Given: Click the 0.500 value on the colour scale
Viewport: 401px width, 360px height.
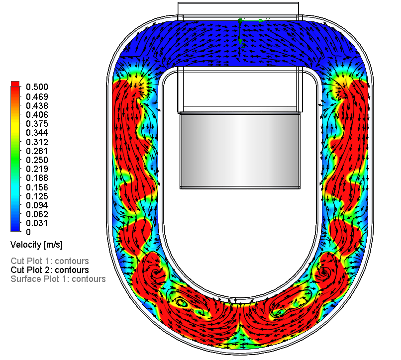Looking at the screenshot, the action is click(x=37, y=87).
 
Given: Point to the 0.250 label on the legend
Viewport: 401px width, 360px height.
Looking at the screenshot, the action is click(x=37, y=160).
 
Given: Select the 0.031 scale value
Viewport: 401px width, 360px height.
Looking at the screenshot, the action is click(x=37, y=223).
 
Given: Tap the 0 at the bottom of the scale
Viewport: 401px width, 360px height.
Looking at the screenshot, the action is click(x=28, y=232).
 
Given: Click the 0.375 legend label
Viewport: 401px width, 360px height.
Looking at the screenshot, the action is click(x=37, y=124).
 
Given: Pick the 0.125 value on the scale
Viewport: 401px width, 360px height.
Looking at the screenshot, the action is click(x=37, y=196).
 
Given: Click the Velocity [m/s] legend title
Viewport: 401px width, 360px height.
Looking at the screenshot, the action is click(x=37, y=245).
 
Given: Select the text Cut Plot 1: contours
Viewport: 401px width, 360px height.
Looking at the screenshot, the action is click(x=50, y=261).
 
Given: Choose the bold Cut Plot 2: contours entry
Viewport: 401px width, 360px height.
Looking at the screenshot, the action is click(x=50, y=270).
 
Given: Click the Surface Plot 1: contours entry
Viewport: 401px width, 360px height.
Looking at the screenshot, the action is click(x=58, y=279).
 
